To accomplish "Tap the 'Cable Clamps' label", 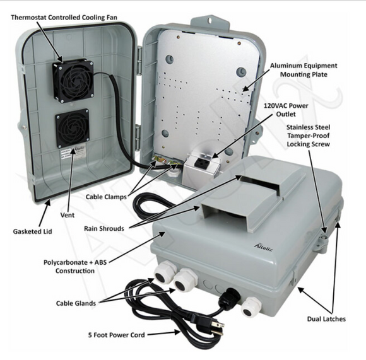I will point(107,197).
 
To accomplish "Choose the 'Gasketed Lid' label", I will point(32,231).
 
